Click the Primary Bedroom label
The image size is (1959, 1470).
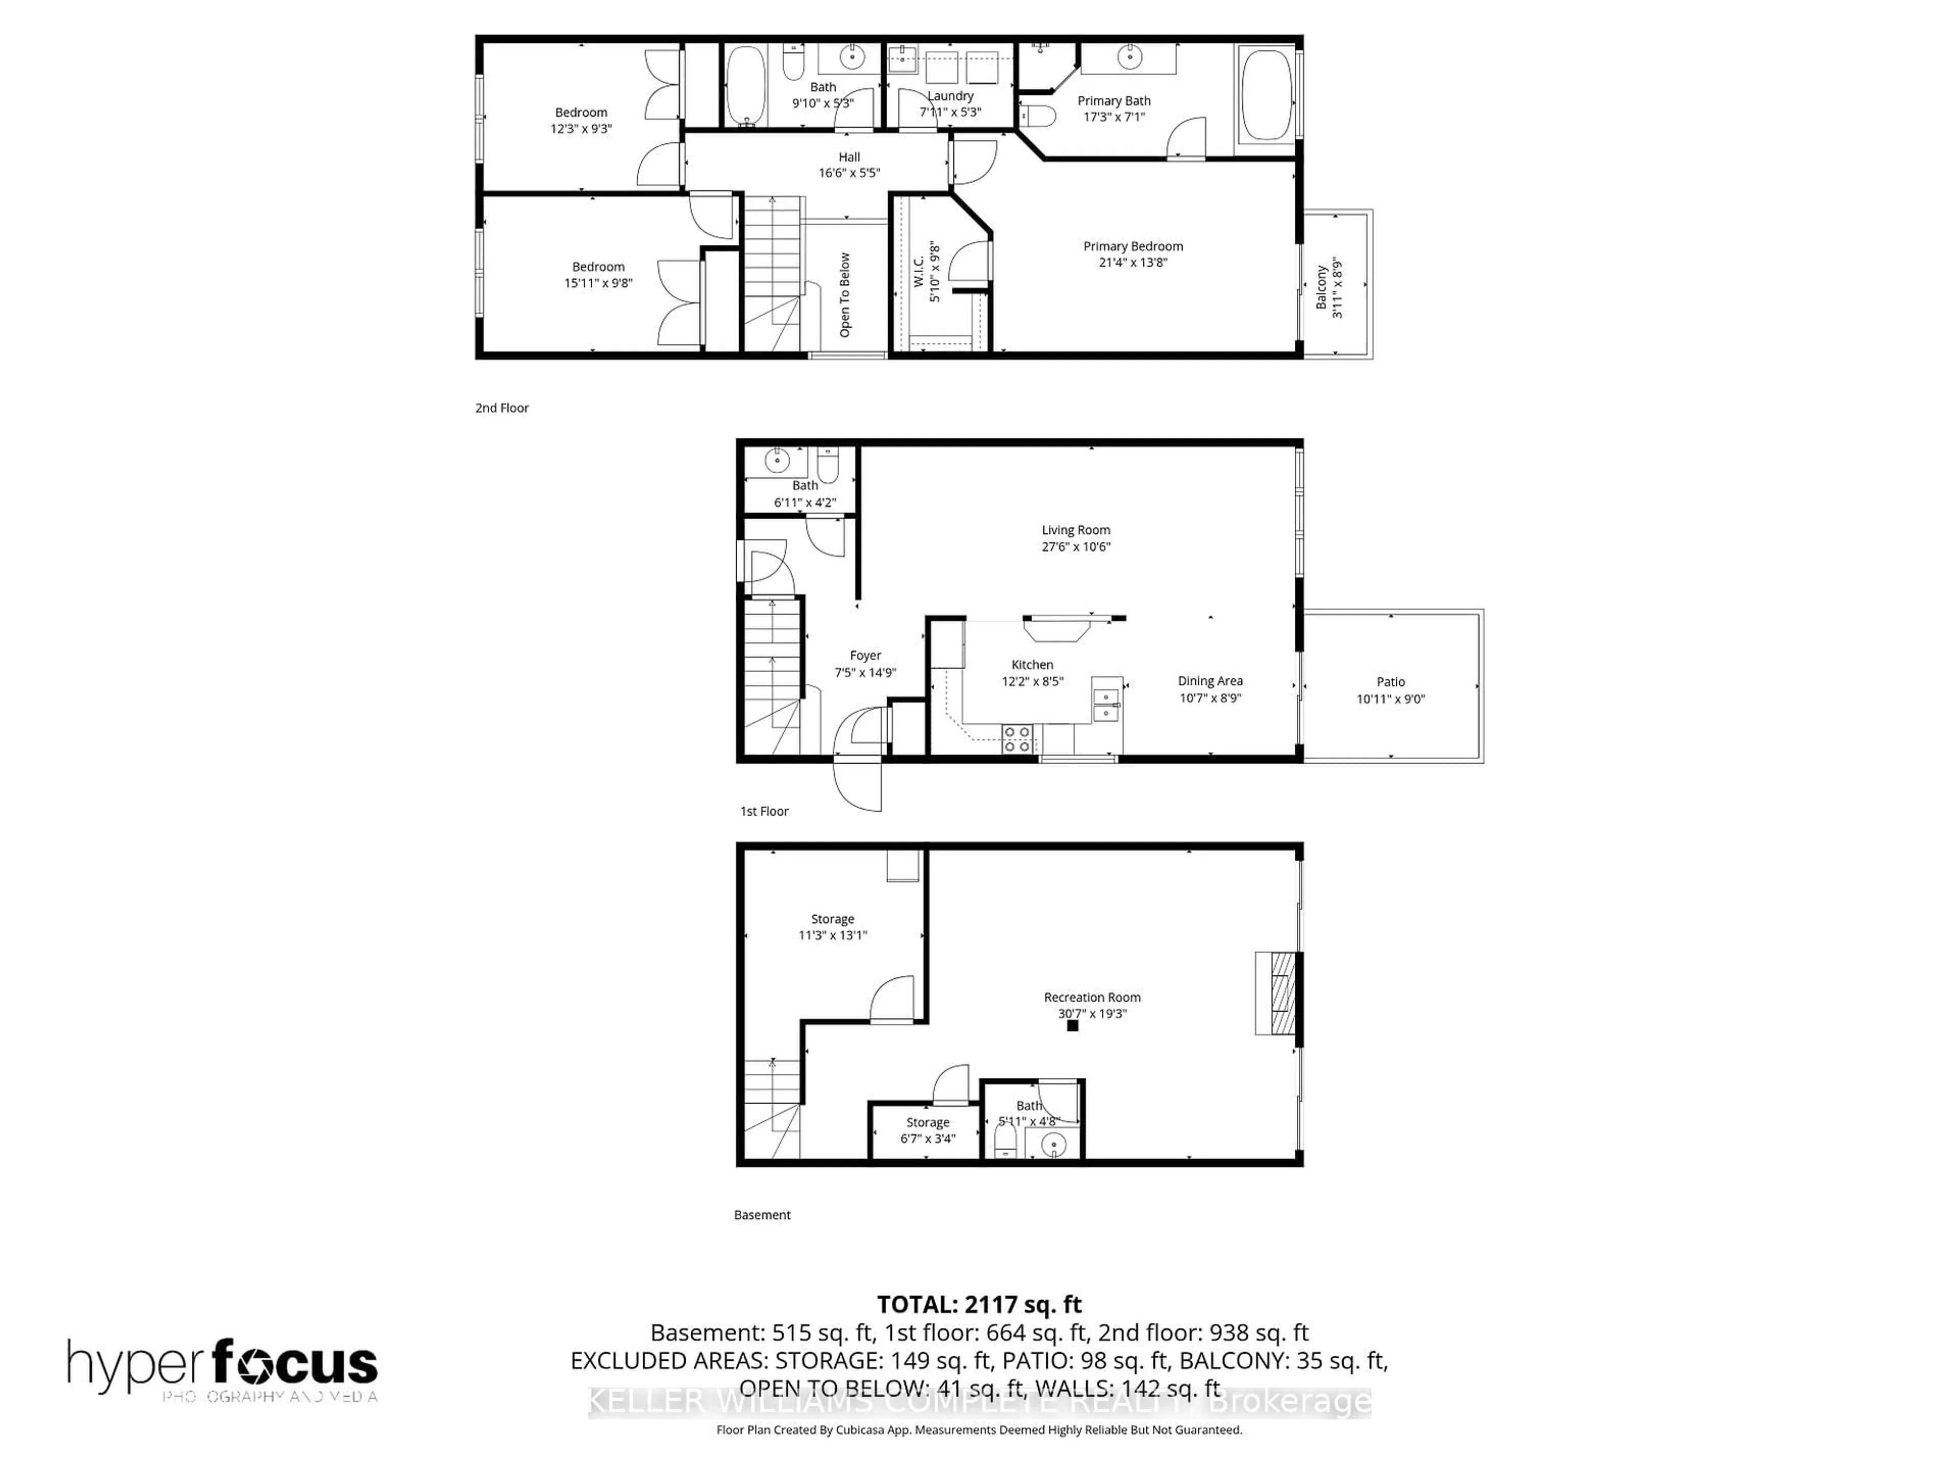pos(1133,247)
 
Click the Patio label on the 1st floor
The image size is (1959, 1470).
pos(1390,681)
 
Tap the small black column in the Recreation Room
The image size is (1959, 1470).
pos(1072,1026)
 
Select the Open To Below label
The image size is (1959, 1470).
pos(845,295)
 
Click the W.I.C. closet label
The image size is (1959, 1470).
pos(918,271)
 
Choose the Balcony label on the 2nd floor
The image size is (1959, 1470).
pos(1321,286)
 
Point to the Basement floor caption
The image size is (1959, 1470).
pos(762,1215)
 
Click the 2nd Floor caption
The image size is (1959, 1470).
pos(501,408)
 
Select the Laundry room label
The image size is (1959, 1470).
pos(950,95)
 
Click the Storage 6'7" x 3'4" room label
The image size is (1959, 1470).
pos(927,1122)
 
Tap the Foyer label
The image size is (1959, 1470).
pos(865,656)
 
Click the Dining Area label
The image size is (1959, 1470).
pos(1210,680)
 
